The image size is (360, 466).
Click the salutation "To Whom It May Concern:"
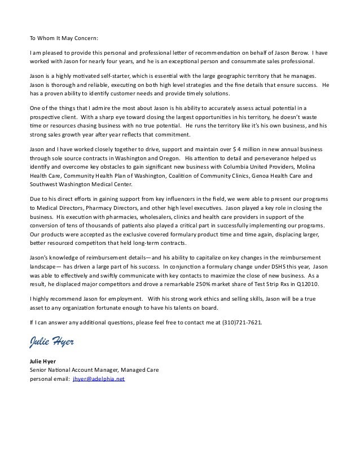click(x=63, y=38)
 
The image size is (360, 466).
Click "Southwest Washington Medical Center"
click(x=80, y=184)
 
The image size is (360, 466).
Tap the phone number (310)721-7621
click(x=240, y=322)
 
